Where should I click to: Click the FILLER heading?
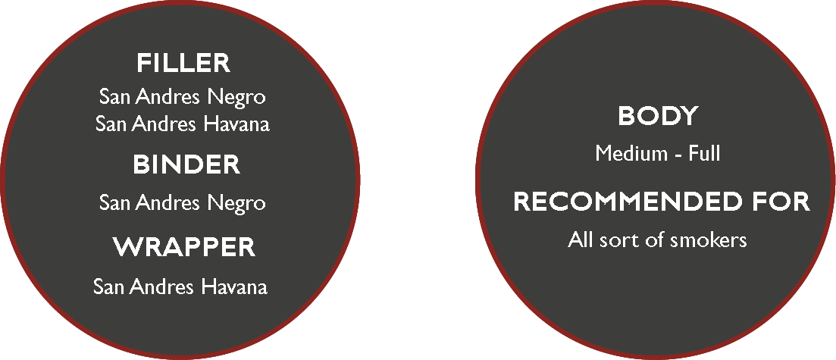[x=183, y=63]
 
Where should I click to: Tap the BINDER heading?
[x=186, y=164]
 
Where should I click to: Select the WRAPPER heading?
[x=184, y=248]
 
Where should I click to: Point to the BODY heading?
[x=658, y=116]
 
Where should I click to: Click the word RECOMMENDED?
[x=628, y=202]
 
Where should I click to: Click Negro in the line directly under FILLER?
[x=236, y=98]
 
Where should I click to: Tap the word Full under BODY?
[x=704, y=154]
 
